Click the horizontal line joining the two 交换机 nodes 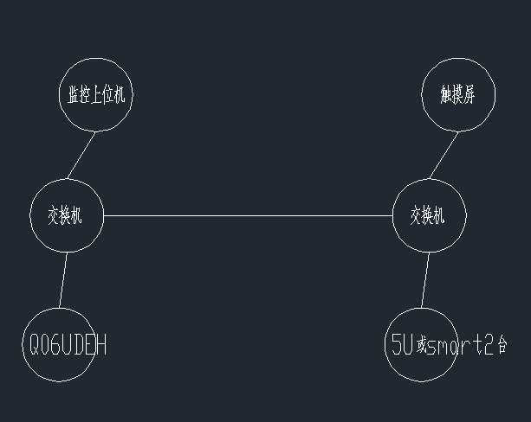[x=248, y=215]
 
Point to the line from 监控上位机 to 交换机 [x=81, y=156]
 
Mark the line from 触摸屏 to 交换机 [x=444, y=156]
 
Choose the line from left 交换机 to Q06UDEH [x=62, y=279]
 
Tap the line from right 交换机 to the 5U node [x=425, y=279]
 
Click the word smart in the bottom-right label [x=456, y=347]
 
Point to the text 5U [x=402, y=346]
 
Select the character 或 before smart [x=422, y=347]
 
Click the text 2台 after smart [x=496, y=346]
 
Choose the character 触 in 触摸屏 [x=446, y=95]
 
